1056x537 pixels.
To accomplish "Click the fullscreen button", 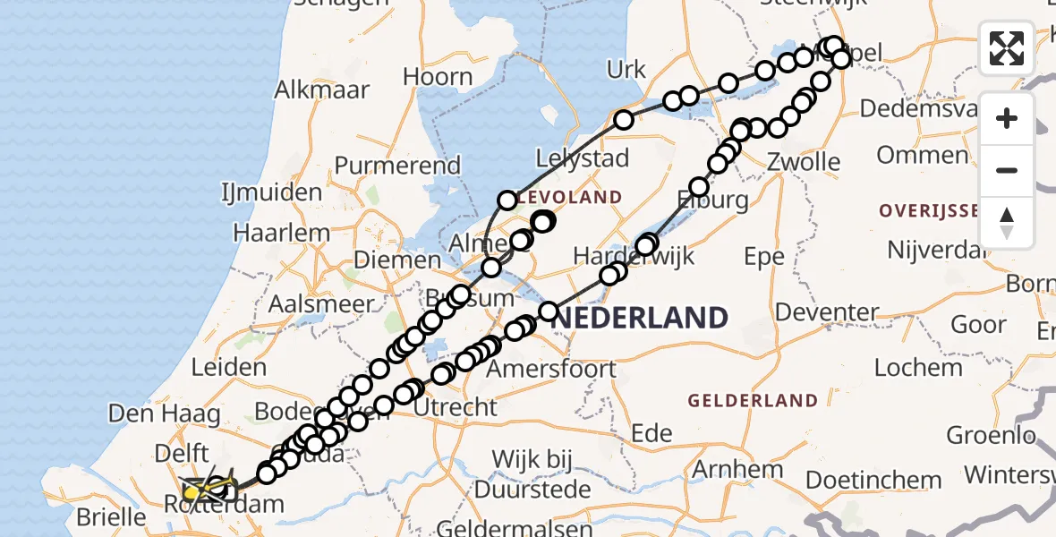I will click(1007, 48).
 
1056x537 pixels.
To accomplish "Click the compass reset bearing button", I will click(1007, 223).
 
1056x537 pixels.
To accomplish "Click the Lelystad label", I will click(582, 158).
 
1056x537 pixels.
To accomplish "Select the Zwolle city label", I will click(804, 163).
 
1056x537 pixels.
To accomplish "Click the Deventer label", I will click(827, 312).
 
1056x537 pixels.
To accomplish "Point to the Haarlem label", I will click(281, 233).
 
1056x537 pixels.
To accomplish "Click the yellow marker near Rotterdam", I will click(193, 491).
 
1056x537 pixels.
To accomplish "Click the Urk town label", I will click(626, 69).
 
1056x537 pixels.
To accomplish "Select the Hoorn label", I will click(437, 77).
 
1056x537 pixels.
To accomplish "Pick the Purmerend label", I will click(397, 166).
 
